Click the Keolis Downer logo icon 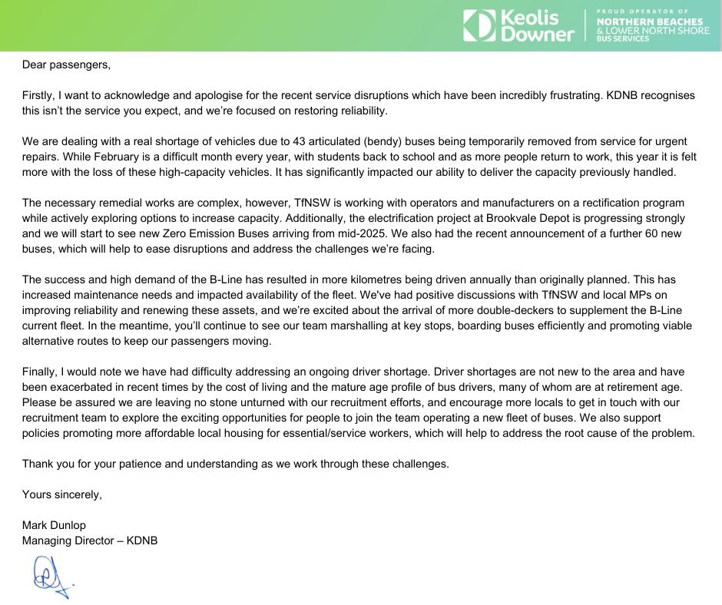point(479,25)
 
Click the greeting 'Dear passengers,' point(66,64)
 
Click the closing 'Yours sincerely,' point(62,494)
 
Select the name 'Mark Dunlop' point(54,525)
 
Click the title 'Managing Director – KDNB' point(90,541)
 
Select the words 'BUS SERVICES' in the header point(622,38)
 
